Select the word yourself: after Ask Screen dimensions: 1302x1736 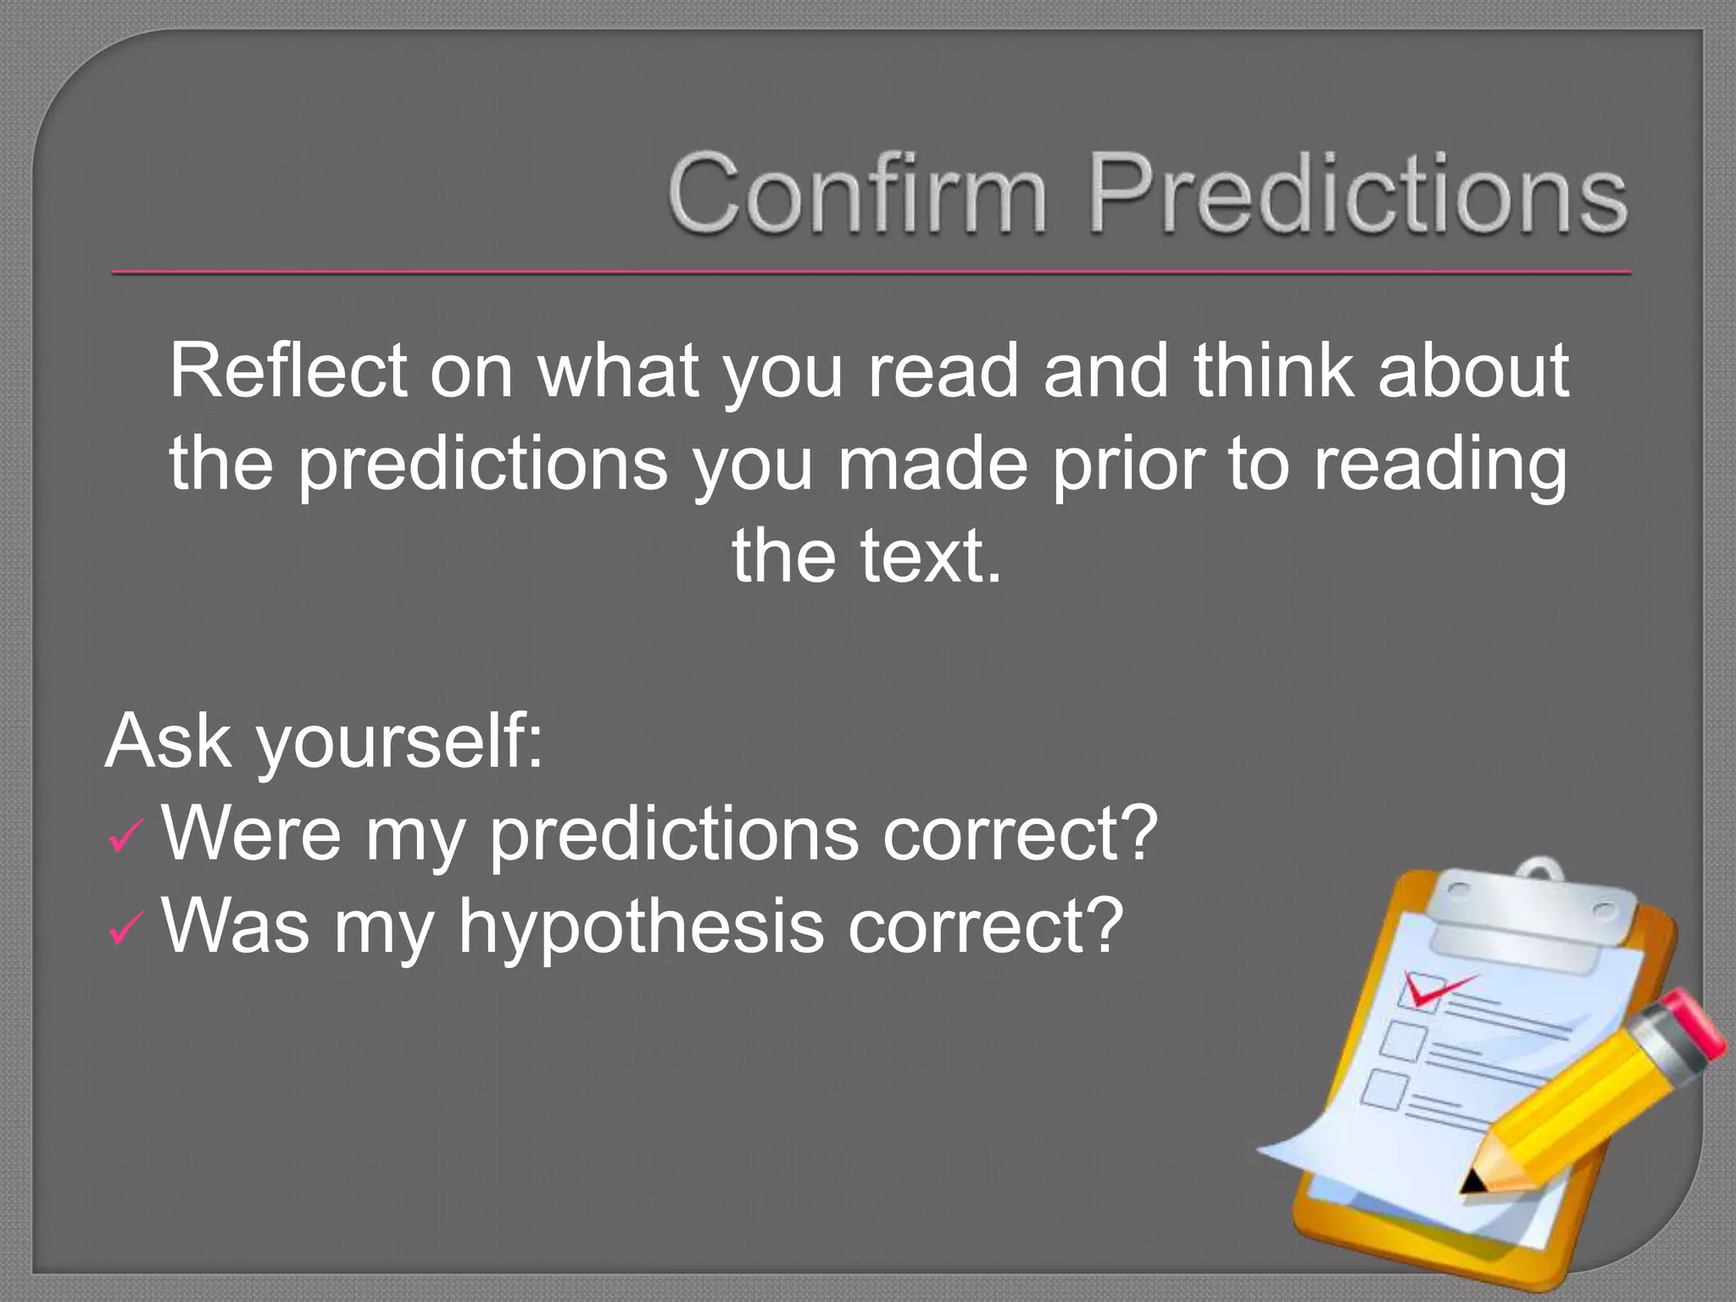point(399,743)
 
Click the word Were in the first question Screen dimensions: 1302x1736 point(252,834)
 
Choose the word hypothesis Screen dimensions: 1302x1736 point(641,926)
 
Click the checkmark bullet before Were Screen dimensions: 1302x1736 point(126,838)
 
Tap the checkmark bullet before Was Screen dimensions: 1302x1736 point(126,931)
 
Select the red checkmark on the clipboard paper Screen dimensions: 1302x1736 point(1433,988)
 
